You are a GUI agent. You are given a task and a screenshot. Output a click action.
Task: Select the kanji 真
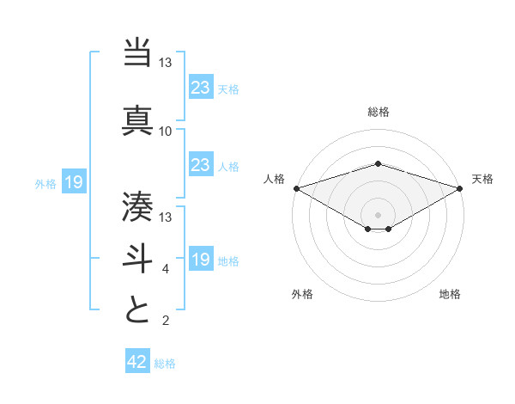pyautogui.click(x=137, y=119)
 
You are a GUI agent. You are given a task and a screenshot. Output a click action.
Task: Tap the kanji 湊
pyautogui.click(x=137, y=205)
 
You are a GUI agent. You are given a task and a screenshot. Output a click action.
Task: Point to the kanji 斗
pyautogui.click(x=137, y=257)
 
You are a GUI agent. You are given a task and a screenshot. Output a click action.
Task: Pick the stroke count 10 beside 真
pyautogui.click(x=166, y=132)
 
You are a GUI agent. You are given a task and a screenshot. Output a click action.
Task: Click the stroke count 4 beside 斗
pyautogui.click(x=166, y=269)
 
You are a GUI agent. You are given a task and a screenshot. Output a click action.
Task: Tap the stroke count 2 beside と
pyautogui.click(x=166, y=321)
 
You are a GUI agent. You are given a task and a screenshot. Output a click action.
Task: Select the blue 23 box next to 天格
pyautogui.click(x=200, y=87)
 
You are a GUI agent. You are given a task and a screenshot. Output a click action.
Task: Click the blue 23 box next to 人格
pyautogui.click(x=200, y=165)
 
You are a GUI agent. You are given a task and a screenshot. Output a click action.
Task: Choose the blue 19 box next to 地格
pyautogui.click(x=200, y=260)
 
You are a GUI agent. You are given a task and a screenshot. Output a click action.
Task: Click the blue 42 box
pyautogui.click(x=137, y=362)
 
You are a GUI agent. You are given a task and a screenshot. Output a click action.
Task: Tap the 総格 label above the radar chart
pyautogui.click(x=379, y=112)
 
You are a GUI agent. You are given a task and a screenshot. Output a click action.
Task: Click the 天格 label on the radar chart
pyautogui.click(x=482, y=179)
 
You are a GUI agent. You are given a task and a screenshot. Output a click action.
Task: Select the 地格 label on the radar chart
pyautogui.click(x=450, y=294)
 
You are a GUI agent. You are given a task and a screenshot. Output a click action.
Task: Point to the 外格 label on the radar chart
pyautogui.click(x=302, y=294)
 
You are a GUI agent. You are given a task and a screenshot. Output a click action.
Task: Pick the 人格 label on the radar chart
pyautogui.click(x=274, y=179)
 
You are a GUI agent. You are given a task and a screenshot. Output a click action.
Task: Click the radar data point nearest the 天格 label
pyautogui.click(x=460, y=188)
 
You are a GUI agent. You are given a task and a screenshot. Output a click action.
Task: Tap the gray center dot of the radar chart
pyautogui.click(x=379, y=214)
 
